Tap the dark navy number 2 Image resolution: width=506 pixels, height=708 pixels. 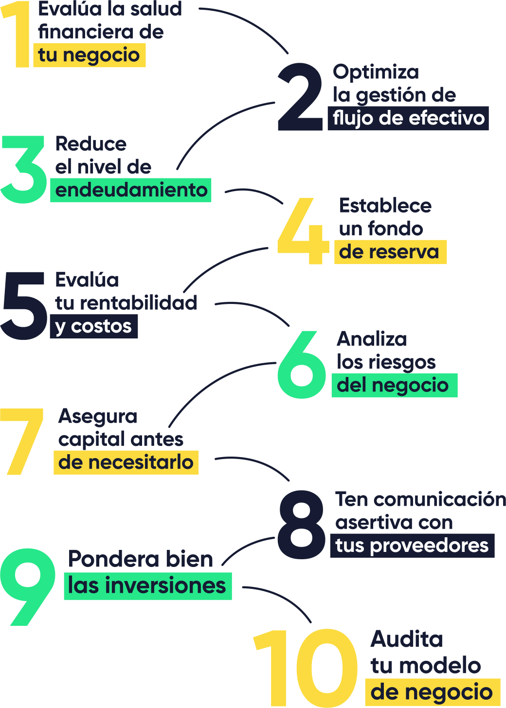pos(300,97)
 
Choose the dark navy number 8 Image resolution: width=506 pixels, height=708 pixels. pos(301,524)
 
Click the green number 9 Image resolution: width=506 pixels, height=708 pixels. pos(27,586)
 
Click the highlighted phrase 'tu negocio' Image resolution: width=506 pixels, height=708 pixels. pos(89,55)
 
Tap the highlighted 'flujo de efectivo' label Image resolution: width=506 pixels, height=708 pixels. pos(408,118)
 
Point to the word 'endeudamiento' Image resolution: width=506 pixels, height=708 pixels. pos(131,190)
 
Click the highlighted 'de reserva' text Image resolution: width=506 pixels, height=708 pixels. pos(390,252)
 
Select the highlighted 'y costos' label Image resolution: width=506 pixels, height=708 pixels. pos(93,326)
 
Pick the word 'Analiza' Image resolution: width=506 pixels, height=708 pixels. pos(372,339)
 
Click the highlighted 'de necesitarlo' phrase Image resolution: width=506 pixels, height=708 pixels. pos(126,462)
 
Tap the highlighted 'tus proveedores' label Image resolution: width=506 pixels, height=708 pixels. pos(412,546)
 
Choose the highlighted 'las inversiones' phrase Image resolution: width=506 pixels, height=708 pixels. pos(147,586)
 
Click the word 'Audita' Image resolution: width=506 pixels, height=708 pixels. pos(407,639)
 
